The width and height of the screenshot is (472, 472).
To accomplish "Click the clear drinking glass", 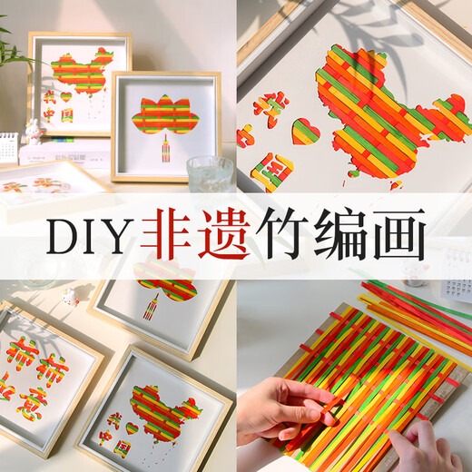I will (208, 172).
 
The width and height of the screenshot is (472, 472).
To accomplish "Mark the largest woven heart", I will (305, 131).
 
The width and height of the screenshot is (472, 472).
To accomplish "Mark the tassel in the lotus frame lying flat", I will (151, 303).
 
